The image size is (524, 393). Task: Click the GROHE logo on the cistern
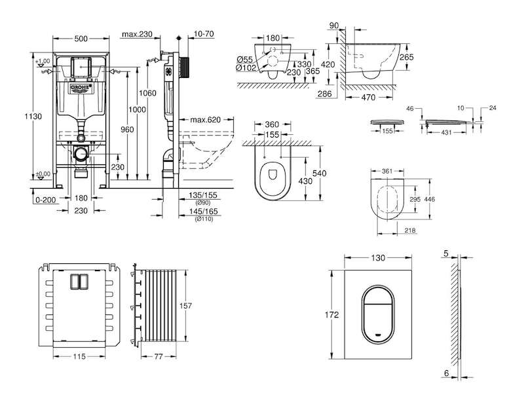pos(81,88)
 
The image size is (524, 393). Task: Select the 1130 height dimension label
pos(33,117)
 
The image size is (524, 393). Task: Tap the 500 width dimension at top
pos(81,39)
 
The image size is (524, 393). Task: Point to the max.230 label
pos(137,34)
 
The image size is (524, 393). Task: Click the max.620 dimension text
pos(205,120)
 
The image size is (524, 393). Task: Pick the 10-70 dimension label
pos(204,34)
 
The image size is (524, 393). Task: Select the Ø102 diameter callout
pos(246,68)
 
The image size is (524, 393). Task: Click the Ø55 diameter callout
pos(245,60)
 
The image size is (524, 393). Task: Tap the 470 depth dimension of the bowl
pos(368,97)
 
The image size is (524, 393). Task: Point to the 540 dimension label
pos(319,173)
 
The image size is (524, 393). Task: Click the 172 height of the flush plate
pos(331,314)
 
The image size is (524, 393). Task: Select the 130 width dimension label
pos(378,257)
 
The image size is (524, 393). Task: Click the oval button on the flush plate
pos(378,314)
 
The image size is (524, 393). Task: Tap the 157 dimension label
pos(185,305)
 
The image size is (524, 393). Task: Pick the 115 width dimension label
pos(79,356)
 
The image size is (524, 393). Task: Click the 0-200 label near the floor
pos(46,200)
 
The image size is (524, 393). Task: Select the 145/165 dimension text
pos(203,211)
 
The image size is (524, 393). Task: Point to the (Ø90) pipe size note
pos(203,202)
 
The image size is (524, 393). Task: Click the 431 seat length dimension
pos(446,132)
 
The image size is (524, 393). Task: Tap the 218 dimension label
pos(410,231)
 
